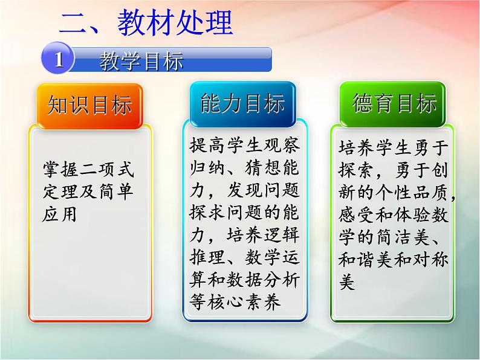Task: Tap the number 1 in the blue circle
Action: coord(59,60)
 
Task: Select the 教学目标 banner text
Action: coord(141,60)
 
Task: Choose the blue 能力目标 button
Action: coord(242,104)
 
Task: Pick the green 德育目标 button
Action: coord(394,104)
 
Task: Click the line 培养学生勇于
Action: coord(394,147)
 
